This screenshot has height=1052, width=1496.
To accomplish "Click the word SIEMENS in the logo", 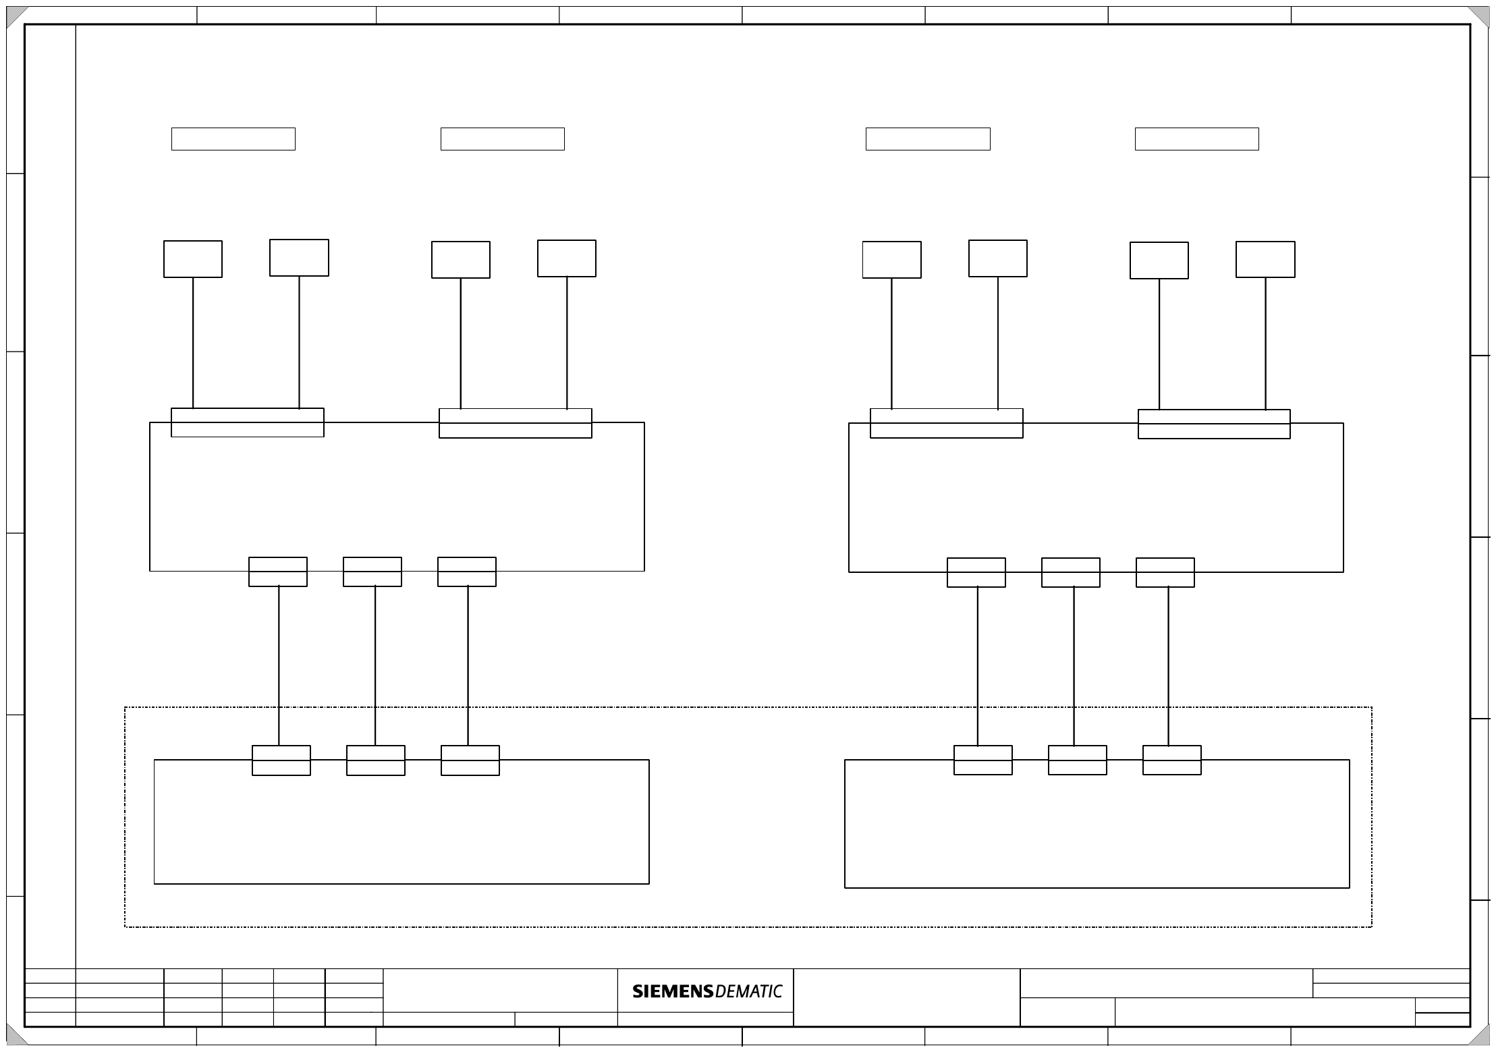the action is point(672,991).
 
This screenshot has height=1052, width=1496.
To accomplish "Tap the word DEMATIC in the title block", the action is point(748,991).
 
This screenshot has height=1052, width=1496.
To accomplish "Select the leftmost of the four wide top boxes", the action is point(233,139).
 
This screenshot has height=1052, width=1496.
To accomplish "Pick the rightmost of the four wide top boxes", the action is point(1196,139).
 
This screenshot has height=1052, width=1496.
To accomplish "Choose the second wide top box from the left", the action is point(503,139).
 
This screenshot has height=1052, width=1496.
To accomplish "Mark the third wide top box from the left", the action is point(928,139).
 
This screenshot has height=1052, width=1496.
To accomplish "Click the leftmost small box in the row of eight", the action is point(193,259).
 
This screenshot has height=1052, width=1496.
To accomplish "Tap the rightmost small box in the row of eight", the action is point(1265,260).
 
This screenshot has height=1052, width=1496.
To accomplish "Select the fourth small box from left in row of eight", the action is point(567,258).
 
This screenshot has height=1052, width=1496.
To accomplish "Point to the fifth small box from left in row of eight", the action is point(891,260).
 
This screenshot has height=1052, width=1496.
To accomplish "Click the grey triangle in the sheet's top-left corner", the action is point(15,16).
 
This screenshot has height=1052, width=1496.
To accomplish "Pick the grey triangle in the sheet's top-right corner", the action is point(1480,16).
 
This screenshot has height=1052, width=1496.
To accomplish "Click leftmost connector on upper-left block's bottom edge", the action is point(278,572).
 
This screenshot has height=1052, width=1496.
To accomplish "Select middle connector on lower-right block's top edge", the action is point(1077,760).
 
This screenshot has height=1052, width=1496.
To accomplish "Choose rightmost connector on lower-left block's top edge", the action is point(470,760).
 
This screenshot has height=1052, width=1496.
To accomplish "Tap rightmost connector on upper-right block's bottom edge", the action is point(1165,572).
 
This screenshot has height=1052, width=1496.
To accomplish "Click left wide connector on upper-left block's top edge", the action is point(248,422).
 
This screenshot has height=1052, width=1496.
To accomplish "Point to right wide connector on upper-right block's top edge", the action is point(1214,424).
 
